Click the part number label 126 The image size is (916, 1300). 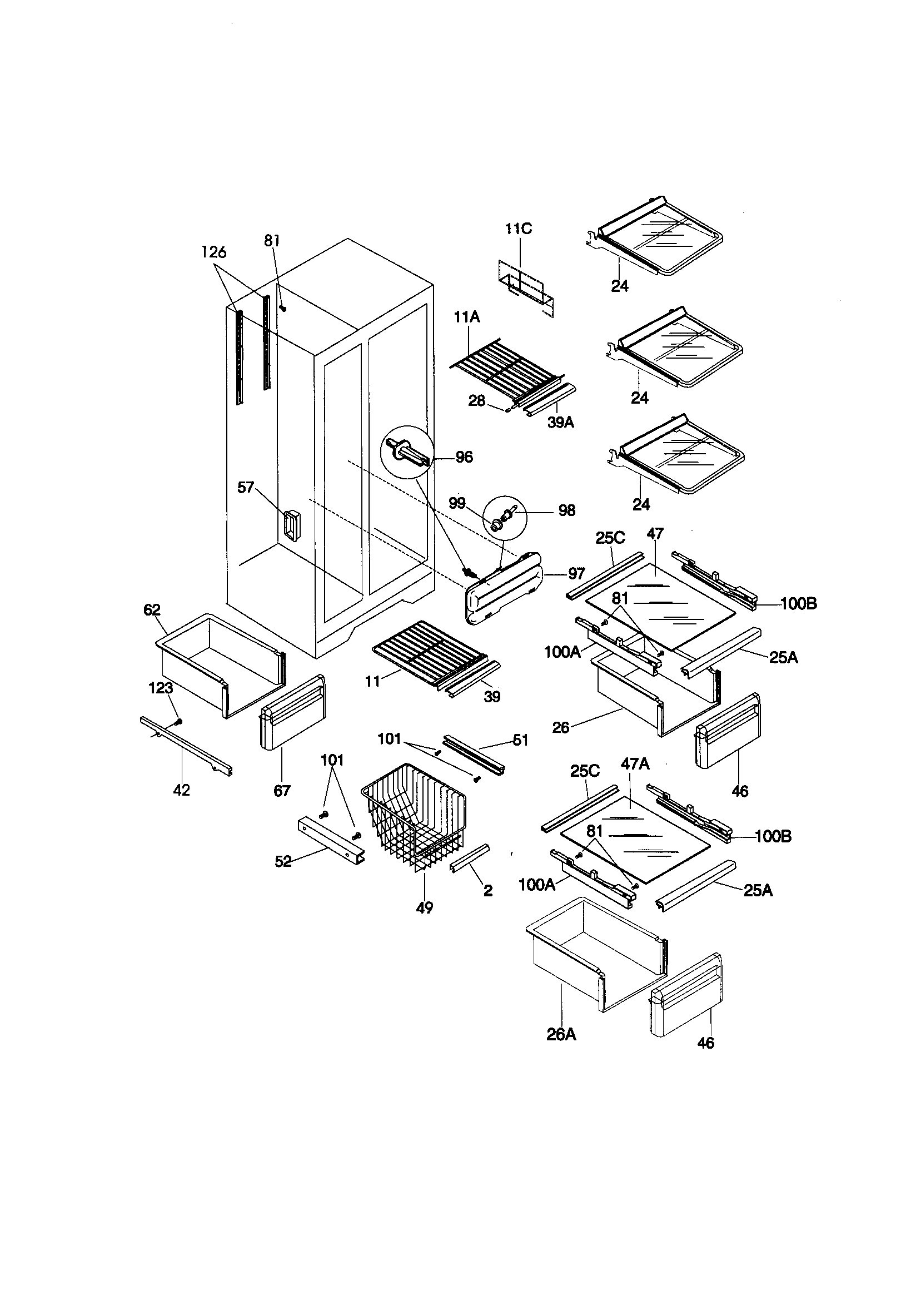(x=214, y=252)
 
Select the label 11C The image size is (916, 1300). (x=519, y=229)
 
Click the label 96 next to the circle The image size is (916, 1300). (x=464, y=457)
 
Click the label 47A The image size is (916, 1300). (x=635, y=764)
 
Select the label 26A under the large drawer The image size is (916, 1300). (x=561, y=1034)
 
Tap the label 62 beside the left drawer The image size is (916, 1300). (x=152, y=610)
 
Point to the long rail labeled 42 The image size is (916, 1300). (x=187, y=747)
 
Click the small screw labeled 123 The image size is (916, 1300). (x=179, y=722)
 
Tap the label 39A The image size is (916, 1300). (x=560, y=423)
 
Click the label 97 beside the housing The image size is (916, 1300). (x=576, y=574)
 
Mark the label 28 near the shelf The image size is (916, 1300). (x=477, y=401)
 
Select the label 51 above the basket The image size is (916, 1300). (x=521, y=740)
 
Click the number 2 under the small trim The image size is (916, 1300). (x=487, y=891)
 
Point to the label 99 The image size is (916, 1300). (x=457, y=503)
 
